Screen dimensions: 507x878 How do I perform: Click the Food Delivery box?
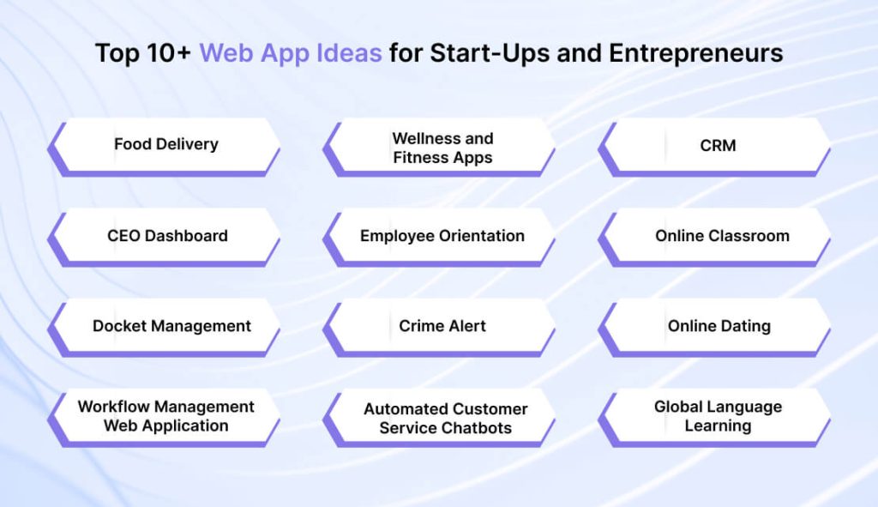[165, 144]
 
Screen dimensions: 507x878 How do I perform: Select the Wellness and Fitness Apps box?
[442, 148]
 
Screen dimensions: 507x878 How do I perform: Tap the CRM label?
[718, 145]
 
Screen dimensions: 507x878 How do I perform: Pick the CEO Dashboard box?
[167, 236]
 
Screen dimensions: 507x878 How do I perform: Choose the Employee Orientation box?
[442, 236]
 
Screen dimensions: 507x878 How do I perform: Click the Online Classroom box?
[722, 236]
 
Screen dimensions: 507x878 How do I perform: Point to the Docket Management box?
[171, 326]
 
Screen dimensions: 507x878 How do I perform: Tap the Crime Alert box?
[442, 326]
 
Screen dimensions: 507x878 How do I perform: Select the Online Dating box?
[719, 326]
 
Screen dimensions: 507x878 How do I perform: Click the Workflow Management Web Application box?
[166, 416]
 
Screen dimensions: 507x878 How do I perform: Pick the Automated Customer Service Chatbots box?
[445, 418]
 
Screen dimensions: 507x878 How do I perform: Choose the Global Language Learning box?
[718, 416]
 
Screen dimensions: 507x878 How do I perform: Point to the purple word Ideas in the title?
[352, 53]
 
